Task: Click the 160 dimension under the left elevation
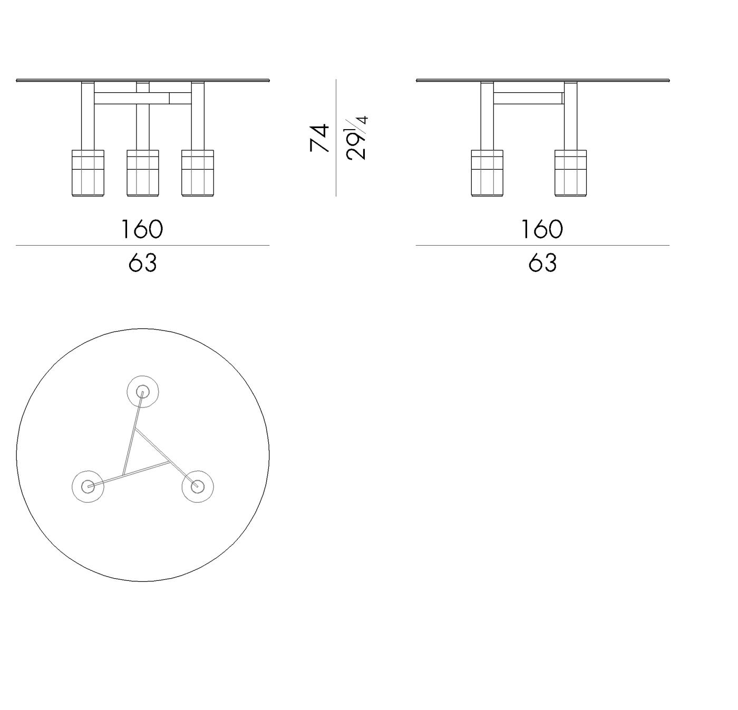click(x=142, y=229)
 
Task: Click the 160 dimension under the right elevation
click(x=542, y=229)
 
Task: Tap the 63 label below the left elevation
click(x=143, y=262)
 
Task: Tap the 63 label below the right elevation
click(x=542, y=262)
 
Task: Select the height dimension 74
click(x=319, y=138)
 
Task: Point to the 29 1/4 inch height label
click(x=356, y=138)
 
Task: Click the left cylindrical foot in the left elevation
click(x=88, y=173)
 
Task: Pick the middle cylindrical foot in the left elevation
click(x=143, y=173)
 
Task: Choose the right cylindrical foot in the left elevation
click(x=198, y=173)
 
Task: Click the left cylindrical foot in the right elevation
click(x=487, y=173)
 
